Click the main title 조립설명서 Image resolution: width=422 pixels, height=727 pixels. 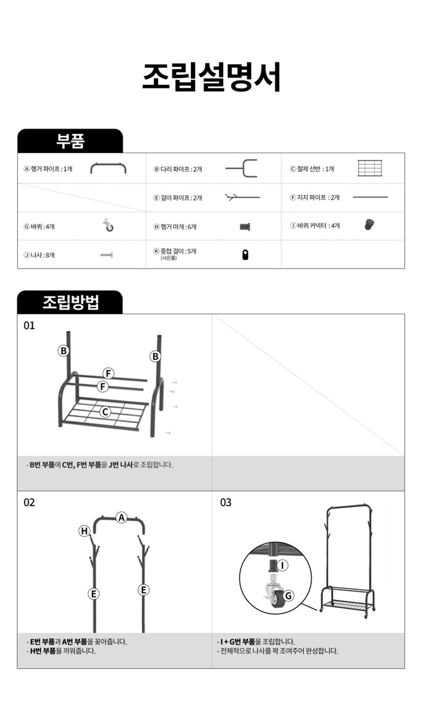[x=211, y=77]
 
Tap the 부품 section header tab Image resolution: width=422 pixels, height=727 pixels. [x=70, y=141]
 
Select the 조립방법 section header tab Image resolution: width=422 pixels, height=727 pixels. [x=70, y=302]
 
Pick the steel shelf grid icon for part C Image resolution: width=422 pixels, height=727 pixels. [x=370, y=168]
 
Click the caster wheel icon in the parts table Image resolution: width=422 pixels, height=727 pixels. [x=108, y=225]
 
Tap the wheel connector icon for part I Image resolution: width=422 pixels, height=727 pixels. [x=369, y=224]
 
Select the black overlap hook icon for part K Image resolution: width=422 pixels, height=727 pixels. [x=245, y=255]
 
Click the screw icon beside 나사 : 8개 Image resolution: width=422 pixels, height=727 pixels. [x=107, y=255]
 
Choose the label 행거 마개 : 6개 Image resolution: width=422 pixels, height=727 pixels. [x=175, y=226]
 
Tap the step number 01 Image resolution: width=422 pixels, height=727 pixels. [x=29, y=325]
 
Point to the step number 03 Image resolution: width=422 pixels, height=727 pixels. [x=226, y=503]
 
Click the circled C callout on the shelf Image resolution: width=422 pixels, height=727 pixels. [x=105, y=412]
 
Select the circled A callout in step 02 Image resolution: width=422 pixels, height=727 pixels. [x=122, y=518]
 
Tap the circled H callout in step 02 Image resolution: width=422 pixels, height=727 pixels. [x=84, y=531]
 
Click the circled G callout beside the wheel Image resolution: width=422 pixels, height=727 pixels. [x=288, y=595]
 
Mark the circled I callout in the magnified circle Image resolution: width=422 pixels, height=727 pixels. [x=282, y=565]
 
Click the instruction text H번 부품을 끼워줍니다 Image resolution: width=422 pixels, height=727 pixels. [x=61, y=651]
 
